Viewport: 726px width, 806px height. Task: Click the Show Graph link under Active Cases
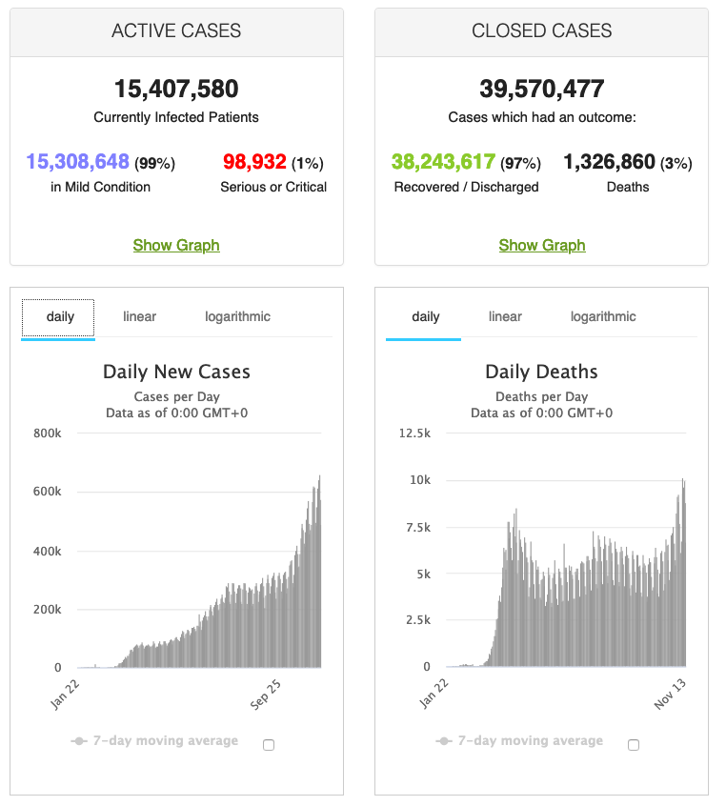tap(176, 245)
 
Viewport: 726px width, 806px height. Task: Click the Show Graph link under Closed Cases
tap(542, 245)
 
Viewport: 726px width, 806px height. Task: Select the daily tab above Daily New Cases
tap(59, 317)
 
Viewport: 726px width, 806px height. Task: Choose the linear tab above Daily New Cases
tap(139, 317)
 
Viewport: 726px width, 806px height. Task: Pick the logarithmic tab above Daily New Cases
tap(237, 317)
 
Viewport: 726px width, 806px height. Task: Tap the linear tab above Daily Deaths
tap(505, 317)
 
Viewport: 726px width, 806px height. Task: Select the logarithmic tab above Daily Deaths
tap(603, 317)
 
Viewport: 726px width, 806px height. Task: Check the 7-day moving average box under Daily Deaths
tap(635, 745)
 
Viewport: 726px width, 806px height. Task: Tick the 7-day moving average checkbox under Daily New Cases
tap(269, 745)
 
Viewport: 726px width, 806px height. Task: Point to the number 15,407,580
tap(176, 90)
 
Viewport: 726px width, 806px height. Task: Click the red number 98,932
tap(254, 162)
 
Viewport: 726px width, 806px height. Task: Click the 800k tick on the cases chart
tap(48, 433)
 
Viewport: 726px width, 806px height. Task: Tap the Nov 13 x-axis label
tap(667, 691)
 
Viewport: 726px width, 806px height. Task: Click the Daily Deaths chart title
tap(541, 373)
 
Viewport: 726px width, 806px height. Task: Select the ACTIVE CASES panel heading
tap(176, 31)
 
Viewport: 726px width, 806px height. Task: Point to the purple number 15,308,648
tap(77, 162)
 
